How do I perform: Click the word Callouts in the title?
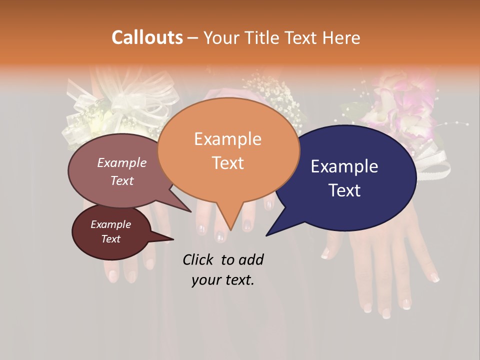point(147,37)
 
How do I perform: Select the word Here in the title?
point(340,37)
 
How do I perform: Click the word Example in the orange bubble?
point(227,139)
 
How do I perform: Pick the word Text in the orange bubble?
point(227,163)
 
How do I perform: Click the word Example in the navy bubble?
point(344,166)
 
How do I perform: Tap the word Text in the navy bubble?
point(344,190)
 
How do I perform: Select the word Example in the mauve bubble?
point(122,162)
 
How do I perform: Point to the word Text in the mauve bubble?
point(122,180)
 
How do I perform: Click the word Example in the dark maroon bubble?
point(110,224)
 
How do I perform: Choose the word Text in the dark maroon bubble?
point(110,239)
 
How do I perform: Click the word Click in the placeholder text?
point(199,259)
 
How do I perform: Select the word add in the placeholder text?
point(251,259)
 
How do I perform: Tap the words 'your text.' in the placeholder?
point(223,280)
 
